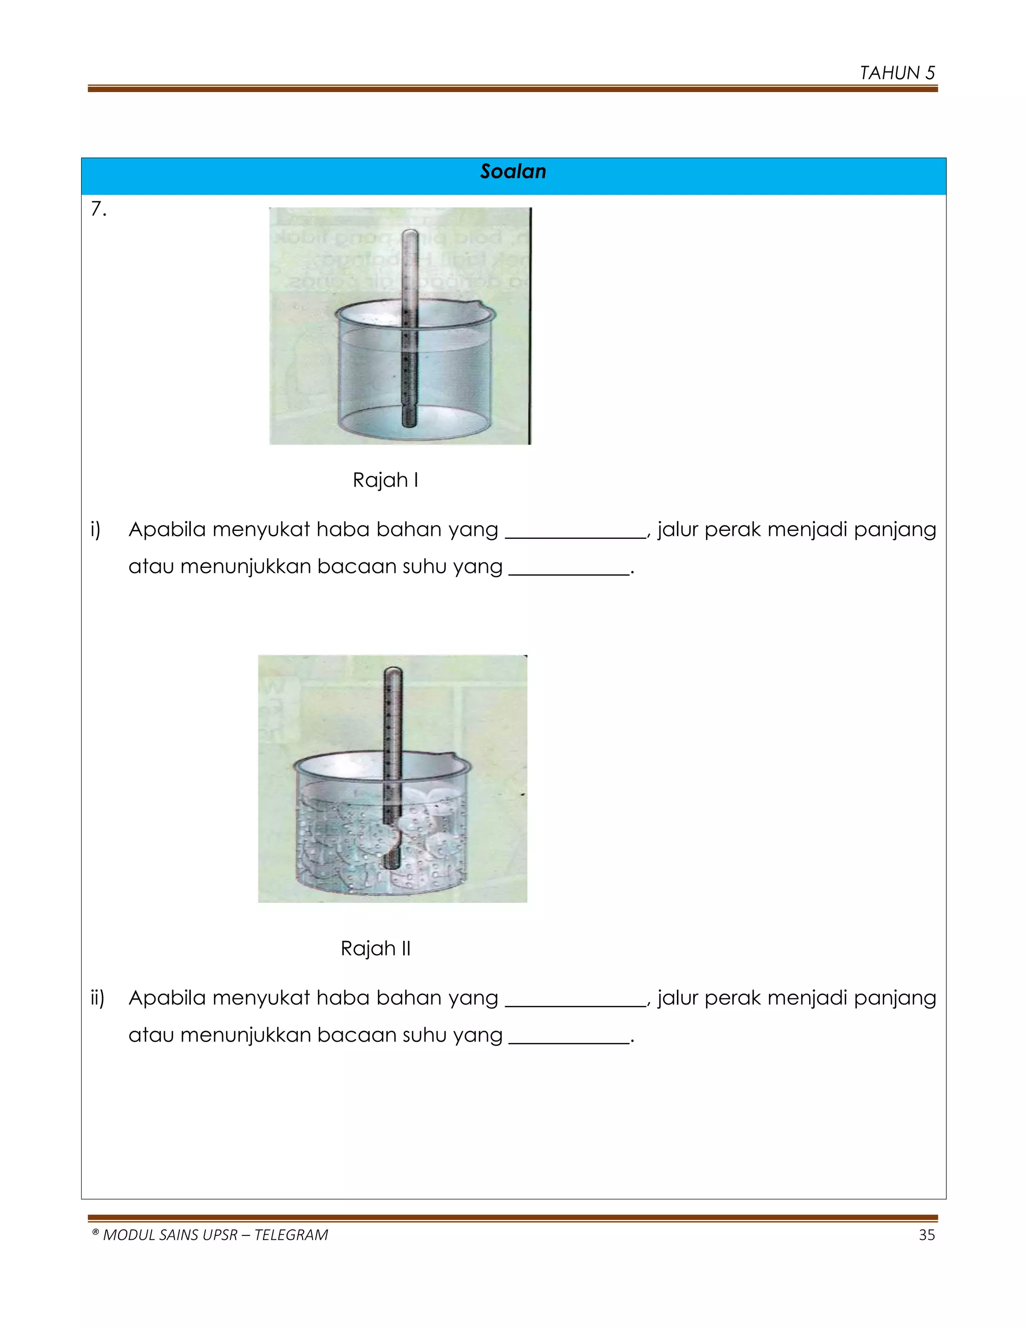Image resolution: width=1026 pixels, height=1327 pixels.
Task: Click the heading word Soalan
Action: click(512, 171)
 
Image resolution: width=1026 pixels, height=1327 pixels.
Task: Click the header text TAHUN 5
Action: click(897, 73)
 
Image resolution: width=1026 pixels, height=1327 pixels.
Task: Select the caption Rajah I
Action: click(385, 480)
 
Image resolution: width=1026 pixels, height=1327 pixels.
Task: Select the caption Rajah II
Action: click(375, 948)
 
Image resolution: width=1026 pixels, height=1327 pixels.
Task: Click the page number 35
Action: click(926, 1235)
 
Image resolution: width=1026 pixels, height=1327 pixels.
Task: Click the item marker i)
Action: click(95, 530)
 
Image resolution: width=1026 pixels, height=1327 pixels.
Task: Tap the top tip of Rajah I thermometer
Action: click(411, 232)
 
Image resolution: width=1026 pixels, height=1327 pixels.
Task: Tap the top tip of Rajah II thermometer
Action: click(393, 670)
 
